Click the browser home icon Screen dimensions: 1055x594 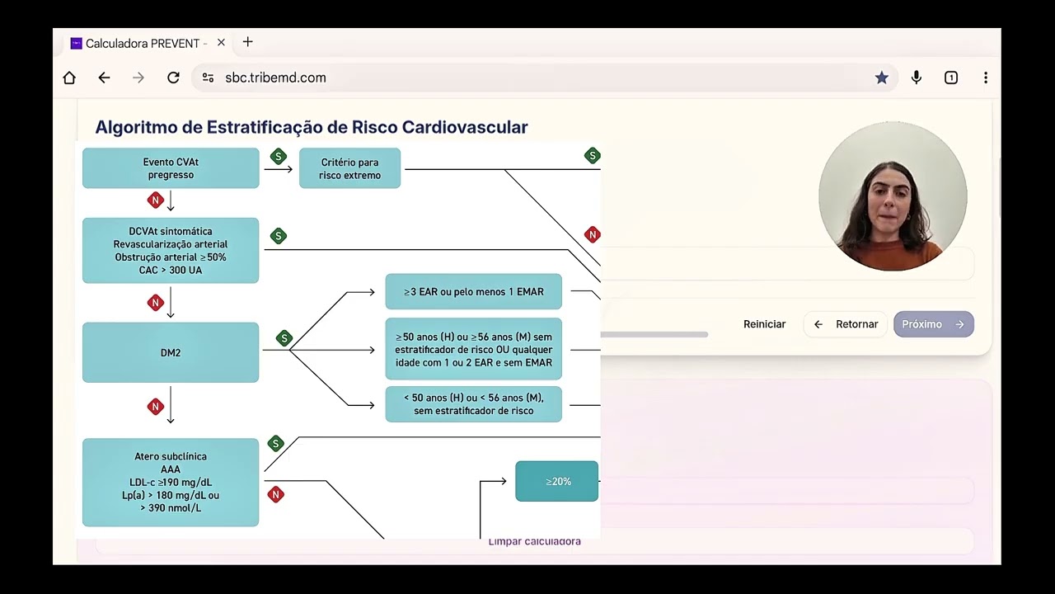[69, 78]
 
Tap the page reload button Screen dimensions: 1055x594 [173, 78]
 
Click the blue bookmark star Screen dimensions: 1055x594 [882, 78]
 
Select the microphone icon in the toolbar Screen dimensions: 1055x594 [916, 78]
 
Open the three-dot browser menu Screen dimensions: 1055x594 [986, 78]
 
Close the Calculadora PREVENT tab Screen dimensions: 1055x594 [221, 43]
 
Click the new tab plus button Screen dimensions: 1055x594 [248, 42]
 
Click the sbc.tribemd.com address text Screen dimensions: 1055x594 [275, 78]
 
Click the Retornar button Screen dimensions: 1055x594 [846, 324]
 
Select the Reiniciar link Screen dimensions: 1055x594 [764, 324]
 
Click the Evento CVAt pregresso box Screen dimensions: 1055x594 [171, 168]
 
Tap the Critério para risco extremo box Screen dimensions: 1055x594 [350, 168]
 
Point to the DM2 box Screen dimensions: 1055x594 [171, 352]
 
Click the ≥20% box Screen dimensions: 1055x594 [556, 481]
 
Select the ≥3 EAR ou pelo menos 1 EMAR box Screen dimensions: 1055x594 [474, 292]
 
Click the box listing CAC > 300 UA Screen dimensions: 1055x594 [171, 251]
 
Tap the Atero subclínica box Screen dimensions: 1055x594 [171, 483]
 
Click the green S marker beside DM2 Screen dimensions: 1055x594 [284, 338]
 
